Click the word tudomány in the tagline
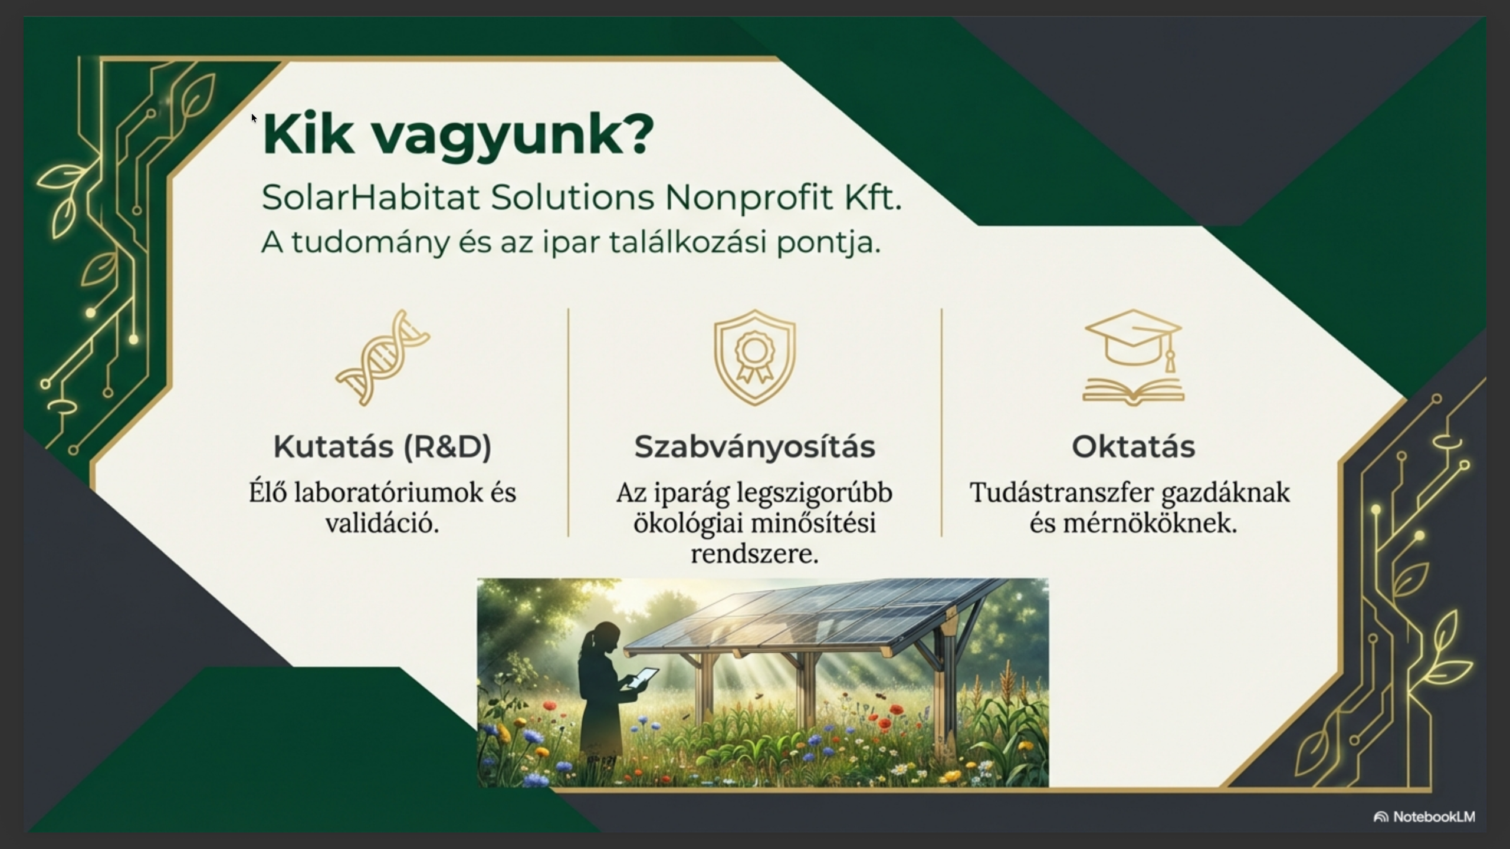click(370, 242)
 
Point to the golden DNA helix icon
click(383, 357)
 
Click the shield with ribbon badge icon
click(755, 357)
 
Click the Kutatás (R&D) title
click(382, 447)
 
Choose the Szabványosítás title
click(754, 447)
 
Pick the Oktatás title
click(1133, 446)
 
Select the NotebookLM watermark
click(1424, 817)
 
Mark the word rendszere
click(754, 554)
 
